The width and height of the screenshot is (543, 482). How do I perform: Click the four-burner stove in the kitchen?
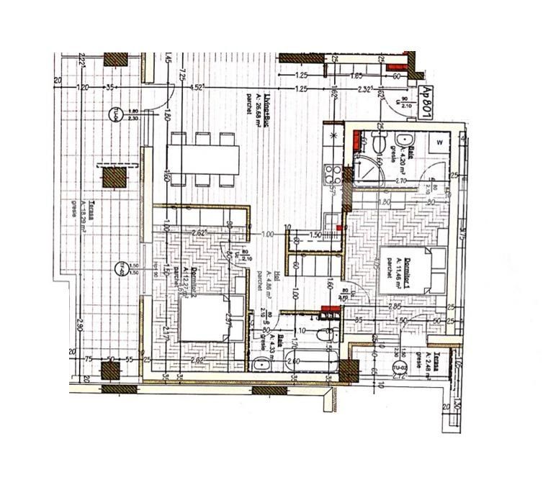click(334, 173)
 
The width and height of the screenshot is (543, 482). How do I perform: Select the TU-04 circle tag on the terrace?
click(113, 115)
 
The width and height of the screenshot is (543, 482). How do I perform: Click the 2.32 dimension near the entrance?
click(367, 88)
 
